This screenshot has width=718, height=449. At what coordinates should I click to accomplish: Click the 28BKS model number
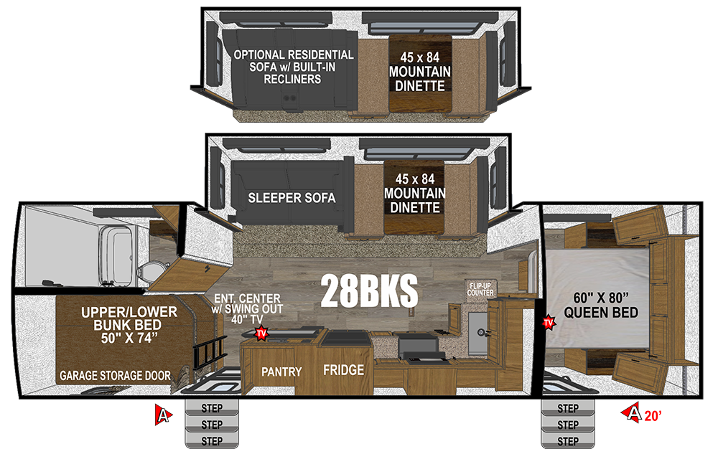(x=369, y=290)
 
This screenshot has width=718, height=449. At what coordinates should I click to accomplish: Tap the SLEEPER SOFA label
(x=292, y=198)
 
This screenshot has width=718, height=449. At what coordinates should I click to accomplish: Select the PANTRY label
(x=281, y=372)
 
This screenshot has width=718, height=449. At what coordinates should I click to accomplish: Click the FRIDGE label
(x=343, y=370)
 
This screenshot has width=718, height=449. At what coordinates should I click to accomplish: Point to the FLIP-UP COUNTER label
(x=480, y=289)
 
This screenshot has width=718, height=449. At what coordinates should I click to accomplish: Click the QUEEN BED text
(x=601, y=313)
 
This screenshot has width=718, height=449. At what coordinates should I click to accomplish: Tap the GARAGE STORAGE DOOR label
(x=115, y=376)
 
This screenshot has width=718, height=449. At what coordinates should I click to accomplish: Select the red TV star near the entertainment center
(x=261, y=333)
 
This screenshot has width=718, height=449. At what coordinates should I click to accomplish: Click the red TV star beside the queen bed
(x=548, y=323)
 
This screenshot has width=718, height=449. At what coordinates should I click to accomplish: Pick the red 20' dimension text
(x=653, y=415)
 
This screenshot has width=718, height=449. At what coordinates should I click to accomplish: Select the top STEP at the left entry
(x=212, y=407)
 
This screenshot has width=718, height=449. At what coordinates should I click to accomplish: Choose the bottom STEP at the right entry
(x=568, y=441)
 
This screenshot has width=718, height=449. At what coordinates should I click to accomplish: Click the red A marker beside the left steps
(x=162, y=415)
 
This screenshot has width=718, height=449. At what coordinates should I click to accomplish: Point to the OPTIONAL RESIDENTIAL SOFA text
(x=294, y=61)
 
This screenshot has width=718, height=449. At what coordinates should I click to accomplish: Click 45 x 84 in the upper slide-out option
(x=419, y=57)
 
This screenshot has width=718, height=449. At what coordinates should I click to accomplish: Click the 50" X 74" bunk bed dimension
(x=129, y=339)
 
